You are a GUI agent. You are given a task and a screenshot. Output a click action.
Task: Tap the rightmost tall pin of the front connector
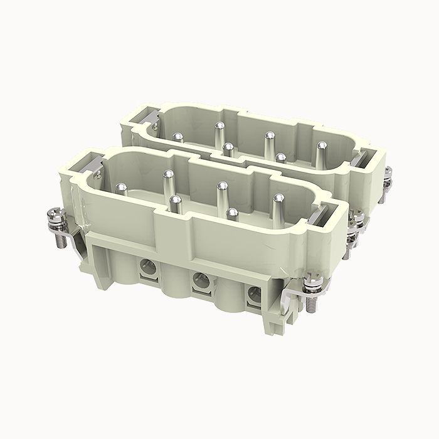point(278,204)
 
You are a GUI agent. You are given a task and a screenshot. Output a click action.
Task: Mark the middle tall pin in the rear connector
point(269,140)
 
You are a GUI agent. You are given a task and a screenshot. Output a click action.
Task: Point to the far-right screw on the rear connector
point(388,178)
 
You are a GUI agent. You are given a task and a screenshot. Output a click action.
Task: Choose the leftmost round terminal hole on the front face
point(149,267)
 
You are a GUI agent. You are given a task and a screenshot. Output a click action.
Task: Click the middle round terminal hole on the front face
point(201,281)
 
